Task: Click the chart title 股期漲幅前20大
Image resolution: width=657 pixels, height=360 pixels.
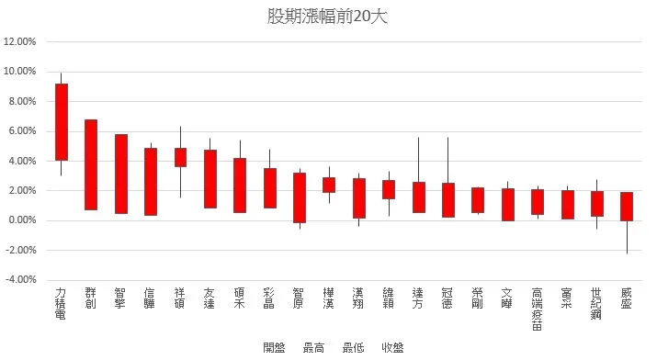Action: coord(328,17)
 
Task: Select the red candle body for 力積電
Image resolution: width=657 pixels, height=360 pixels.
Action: coord(62,122)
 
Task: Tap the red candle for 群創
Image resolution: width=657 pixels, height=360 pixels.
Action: coord(91,164)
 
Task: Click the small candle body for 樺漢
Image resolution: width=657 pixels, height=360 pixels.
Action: coord(329,185)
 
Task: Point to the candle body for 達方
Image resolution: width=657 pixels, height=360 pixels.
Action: coord(418,197)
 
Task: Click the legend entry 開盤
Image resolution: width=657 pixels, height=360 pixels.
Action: coord(274,347)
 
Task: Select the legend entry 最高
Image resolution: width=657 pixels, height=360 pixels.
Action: coord(313,347)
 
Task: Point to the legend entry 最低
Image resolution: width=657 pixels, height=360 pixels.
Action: coord(353,347)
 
